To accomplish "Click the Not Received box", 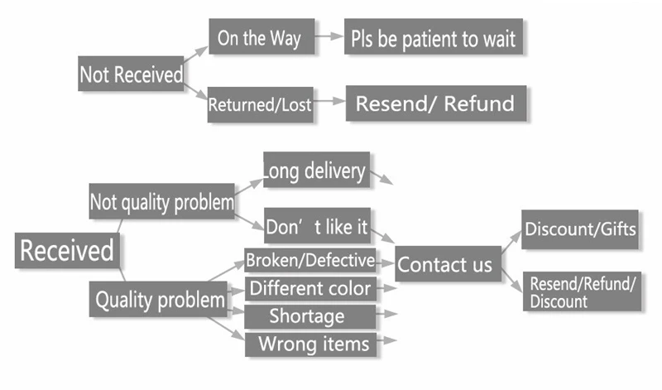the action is [x=131, y=74].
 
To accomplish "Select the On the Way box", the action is [x=261, y=36].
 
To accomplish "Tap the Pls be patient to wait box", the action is [x=434, y=36].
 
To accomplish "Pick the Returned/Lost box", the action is [x=261, y=105].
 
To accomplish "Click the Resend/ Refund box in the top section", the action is [x=436, y=104].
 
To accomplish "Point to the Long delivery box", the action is [x=317, y=170].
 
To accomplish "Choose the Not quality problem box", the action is [x=161, y=201].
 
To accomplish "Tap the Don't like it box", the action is [x=318, y=225].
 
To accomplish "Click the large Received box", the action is [x=67, y=250].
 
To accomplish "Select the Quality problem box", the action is [x=158, y=299].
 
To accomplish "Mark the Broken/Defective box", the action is [x=310, y=260].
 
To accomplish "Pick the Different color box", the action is [x=310, y=289].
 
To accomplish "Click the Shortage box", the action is [x=310, y=316].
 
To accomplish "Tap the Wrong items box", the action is [x=311, y=344].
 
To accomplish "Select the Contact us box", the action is [x=449, y=264].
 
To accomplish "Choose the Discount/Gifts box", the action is [x=580, y=229].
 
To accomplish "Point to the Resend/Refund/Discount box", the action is [x=583, y=291].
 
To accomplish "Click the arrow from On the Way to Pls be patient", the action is [x=329, y=36].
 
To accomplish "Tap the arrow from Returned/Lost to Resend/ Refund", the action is [x=329, y=101].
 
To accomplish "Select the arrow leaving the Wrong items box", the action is [x=386, y=340].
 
